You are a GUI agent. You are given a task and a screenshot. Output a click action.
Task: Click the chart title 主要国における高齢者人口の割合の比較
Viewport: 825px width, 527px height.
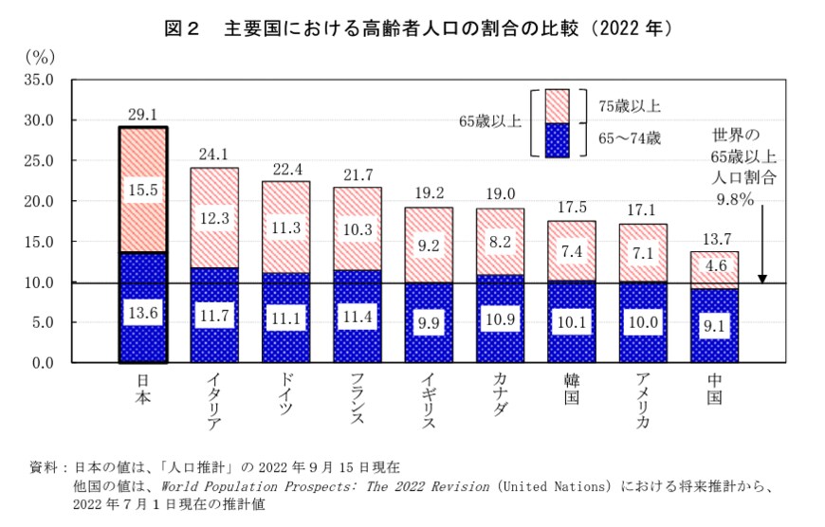click(379, 29)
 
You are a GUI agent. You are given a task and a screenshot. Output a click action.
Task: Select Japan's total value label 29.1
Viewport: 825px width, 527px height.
click(143, 114)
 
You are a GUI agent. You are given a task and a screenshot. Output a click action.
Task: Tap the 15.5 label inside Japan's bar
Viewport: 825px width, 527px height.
click(143, 191)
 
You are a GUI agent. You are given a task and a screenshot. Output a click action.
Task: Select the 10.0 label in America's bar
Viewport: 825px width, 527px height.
click(642, 322)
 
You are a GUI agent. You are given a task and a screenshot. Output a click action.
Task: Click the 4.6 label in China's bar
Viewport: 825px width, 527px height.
click(714, 266)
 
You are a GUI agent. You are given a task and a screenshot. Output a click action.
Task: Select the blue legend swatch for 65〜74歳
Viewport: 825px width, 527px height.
click(557, 139)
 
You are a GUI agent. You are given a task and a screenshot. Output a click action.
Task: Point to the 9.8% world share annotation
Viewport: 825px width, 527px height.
click(734, 199)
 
